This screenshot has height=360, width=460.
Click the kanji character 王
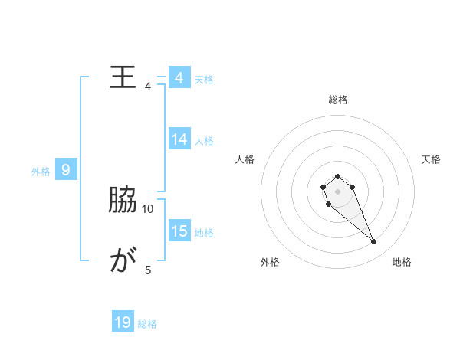123,77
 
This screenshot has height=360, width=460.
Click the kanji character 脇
123,201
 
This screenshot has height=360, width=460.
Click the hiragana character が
123,262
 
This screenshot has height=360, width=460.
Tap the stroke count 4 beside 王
148,87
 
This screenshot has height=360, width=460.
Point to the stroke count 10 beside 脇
148,208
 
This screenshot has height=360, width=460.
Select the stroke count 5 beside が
148,270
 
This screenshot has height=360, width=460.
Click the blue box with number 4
179,78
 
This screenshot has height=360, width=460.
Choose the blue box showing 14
179,139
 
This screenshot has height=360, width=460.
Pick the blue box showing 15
179,231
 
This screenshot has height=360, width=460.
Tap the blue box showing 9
66,170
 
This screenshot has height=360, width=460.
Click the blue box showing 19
123,323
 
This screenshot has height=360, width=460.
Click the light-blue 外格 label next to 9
41,172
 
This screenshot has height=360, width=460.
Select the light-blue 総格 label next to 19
147,325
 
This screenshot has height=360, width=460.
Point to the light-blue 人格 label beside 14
204,141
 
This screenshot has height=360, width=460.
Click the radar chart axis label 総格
337,100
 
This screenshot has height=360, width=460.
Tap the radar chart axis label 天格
431,159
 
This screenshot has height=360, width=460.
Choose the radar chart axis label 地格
402,262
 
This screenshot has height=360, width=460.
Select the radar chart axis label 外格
270,262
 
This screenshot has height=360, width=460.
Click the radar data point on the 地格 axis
374,242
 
